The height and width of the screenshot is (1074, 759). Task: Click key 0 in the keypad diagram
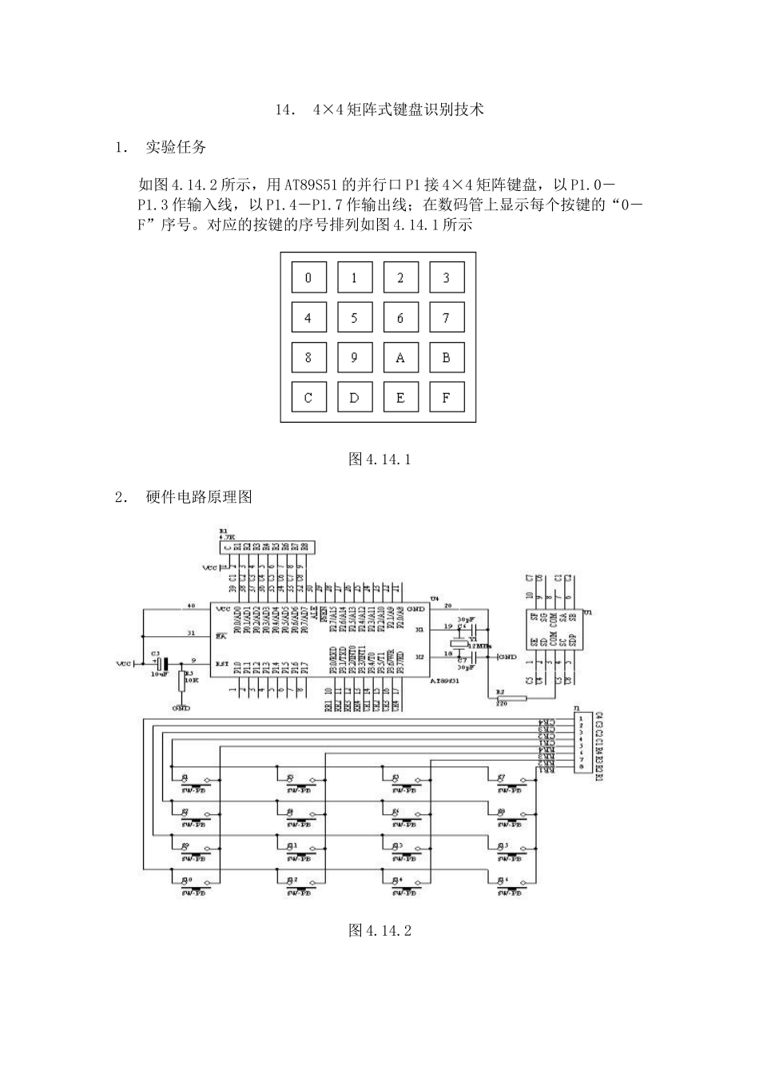point(308,278)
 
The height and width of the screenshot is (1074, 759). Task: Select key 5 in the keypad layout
point(354,318)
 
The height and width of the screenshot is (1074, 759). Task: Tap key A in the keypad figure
point(400,358)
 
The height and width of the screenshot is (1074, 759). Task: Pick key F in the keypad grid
point(446,397)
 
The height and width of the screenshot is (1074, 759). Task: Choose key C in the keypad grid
point(308,397)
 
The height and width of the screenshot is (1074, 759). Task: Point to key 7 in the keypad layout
point(446,318)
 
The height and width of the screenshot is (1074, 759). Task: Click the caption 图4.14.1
point(379,459)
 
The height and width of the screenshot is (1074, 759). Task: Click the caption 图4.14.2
point(379,930)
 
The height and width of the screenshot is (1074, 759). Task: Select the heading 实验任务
point(176,147)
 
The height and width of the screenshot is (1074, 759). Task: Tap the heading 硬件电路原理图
point(199,497)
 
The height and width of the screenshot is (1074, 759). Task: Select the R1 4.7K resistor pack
point(266,547)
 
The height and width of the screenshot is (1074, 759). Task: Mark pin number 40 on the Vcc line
point(190,606)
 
